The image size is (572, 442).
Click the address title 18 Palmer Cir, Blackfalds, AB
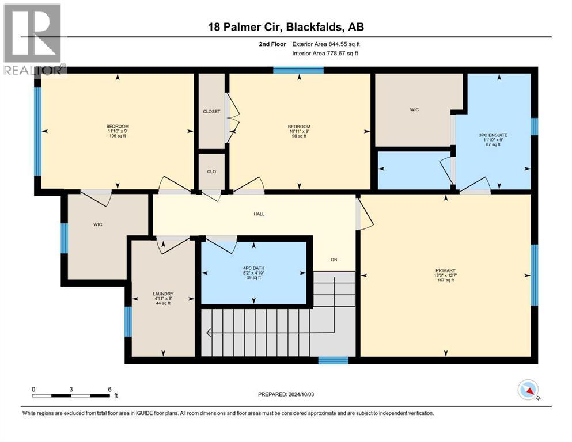click(286, 26)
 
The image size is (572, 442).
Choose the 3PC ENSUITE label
click(493, 135)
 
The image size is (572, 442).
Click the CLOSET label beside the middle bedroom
click(211, 111)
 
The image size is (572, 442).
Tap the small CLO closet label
click(211, 171)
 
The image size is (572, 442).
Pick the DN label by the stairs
click(334, 260)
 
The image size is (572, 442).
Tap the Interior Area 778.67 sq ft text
click(333, 53)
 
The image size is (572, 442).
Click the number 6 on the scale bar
click(109, 389)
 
